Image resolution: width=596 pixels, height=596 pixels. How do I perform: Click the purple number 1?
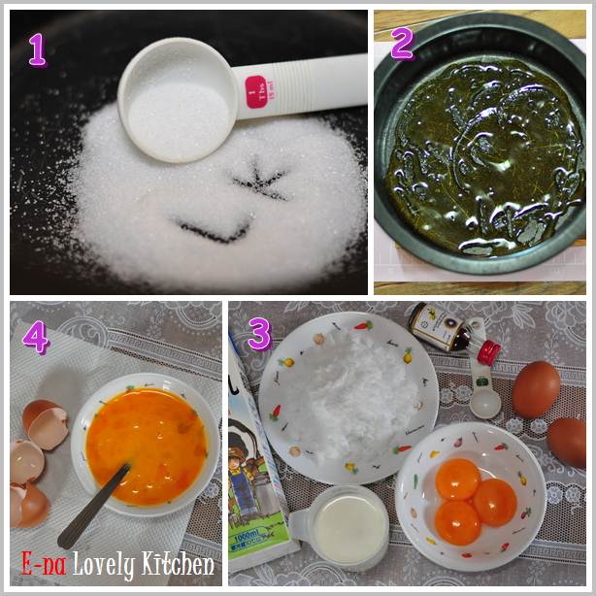tap(37, 49)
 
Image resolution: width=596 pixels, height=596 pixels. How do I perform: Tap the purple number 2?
tap(402, 43)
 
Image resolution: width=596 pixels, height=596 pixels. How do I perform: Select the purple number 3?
tap(258, 333)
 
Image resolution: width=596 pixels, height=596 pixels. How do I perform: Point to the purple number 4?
tap(36, 336)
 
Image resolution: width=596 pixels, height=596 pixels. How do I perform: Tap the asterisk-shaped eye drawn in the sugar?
tap(259, 181)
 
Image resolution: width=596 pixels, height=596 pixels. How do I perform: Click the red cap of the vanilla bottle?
tap(488, 350)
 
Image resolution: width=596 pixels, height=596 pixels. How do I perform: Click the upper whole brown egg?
tap(536, 388)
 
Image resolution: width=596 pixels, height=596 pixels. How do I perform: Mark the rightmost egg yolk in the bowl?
tap(495, 501)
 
